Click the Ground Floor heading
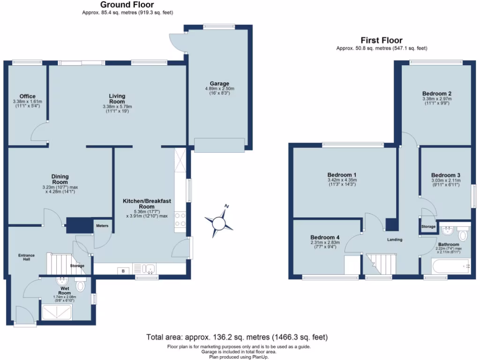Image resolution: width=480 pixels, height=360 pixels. click(127, 5)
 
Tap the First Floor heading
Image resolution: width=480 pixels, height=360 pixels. click(381, 40)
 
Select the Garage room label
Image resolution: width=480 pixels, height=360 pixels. click(219, 84)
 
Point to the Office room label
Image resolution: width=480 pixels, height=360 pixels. click(28, 97)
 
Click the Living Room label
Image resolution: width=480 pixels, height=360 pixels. click(117, 99)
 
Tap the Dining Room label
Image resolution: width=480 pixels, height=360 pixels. click(60, 179)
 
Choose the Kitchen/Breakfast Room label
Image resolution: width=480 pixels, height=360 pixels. click(147, 203)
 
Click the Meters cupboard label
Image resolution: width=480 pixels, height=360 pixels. click(102, 226)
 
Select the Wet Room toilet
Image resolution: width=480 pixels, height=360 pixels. click(80, 285)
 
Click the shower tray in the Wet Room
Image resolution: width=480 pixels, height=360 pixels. click(57, 312)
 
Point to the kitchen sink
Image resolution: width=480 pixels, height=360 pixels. click(150, 269)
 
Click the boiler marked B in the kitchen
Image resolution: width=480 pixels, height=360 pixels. click(123, 270)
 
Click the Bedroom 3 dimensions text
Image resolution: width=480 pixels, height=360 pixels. click(445, 182)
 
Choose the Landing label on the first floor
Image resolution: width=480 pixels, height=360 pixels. click(395, 240)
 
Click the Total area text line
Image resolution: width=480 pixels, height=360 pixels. click(237, 337)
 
